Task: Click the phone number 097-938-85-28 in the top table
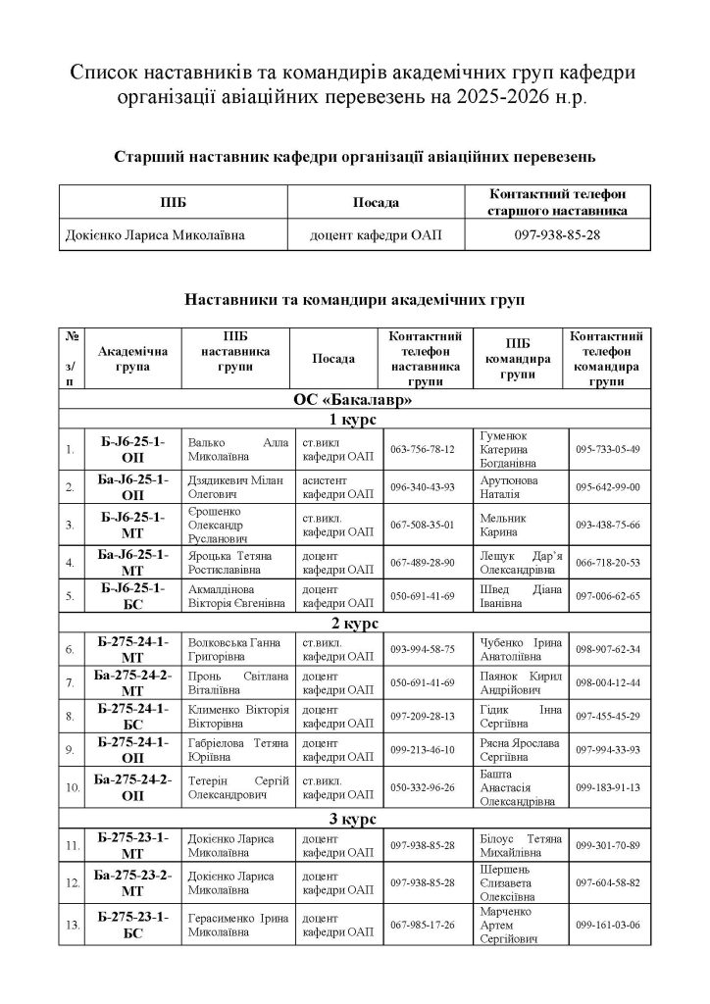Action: coord(557,236)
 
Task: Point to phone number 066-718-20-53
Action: coord(607,562)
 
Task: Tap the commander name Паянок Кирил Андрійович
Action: coord(519,681)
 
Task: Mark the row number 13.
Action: coord(72,925)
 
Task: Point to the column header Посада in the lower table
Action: coord(333,360)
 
